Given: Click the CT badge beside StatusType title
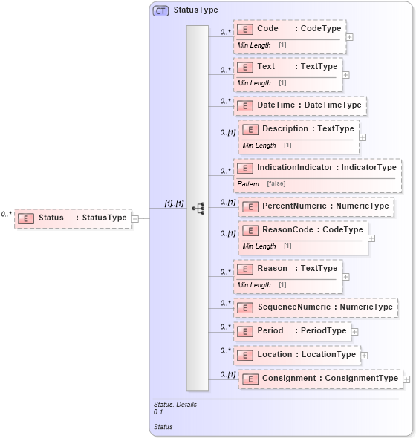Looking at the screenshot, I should pyautogui.click(x=160, y=10).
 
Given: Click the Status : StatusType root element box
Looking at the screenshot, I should pyautogui.click(x=73, y=218).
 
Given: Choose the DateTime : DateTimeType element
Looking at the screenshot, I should pyautogui.click(x=299, y=105).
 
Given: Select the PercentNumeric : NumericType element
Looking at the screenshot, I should pyautogui.click(x=316, y=206).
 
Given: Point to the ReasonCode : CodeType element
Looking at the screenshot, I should pyautogui.click(x=302, y=230).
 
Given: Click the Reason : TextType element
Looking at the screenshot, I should pyautogui.click(x=287, y=269).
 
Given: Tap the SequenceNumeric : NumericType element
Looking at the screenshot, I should pyautogui.click(x=315, y=307).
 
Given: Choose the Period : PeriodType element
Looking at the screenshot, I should pyautogui.click(x=292, y=331).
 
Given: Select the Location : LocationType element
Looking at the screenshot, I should pyautogui.click(x=296, y=355).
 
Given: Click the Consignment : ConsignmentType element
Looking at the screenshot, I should pyautogui.click(x=320, y=379).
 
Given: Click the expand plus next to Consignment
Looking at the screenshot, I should pyautogui.click(x=406, y=379).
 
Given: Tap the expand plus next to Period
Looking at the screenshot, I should pyautogui.click(x=354, y=332).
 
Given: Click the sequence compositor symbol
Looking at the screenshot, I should pyautogui.click(x=198, y=209).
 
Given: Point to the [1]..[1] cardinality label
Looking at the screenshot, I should pyautogui.click(x=174, y=203).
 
